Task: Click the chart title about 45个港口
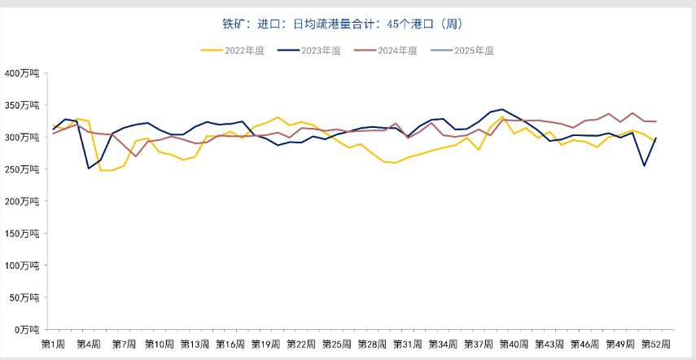click(x=348, y=24)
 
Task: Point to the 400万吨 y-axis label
click(x=23, y=73)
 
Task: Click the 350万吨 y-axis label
click(x=23, y=105)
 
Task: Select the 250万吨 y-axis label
click(x=23, y=169)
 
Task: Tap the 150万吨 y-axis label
click(x=23, y=233)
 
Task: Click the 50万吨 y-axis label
click(x=24, y=297)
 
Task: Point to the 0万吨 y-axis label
click(x=27, y=329)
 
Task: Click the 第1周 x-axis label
click(x=53, y=345)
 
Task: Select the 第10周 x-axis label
click(x=160, y=345)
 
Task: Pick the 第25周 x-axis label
click(x=336, y=345)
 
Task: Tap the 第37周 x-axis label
click(x=478, y=345)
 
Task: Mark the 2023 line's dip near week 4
click(x=89, y=169)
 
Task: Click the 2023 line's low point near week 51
click(x=644, y=166)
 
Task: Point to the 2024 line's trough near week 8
click(x=136, y=156)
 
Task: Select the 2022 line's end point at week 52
click(x=655, y=142)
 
